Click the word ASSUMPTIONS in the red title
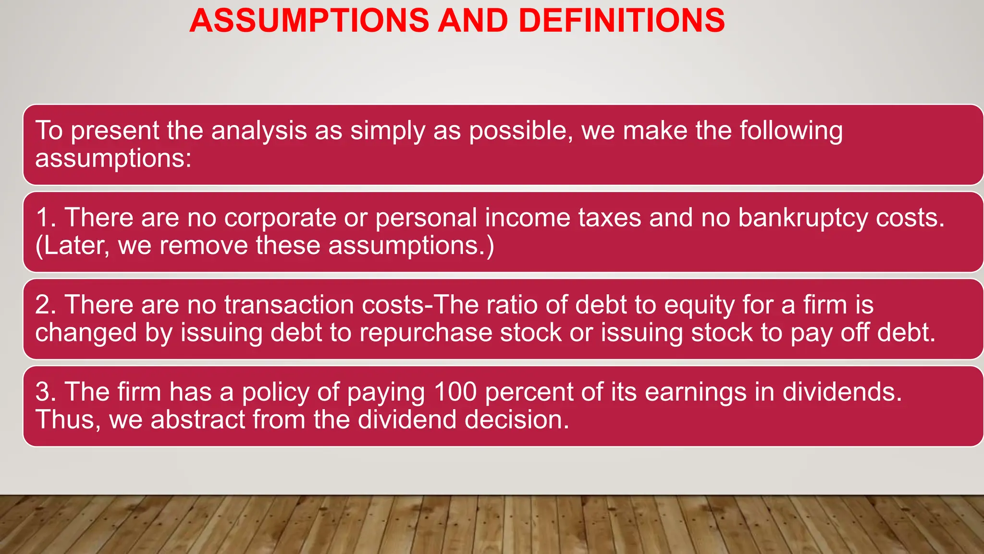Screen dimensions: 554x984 (309, 21)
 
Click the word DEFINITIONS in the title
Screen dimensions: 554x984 (621, 21)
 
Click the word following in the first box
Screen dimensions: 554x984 (791, 131)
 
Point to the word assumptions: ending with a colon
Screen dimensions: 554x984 (113, 159)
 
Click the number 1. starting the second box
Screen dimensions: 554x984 (46, 218)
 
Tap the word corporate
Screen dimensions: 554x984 (280, 218)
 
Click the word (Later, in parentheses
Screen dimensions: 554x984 (72, 246)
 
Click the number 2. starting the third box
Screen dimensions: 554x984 (46, 305)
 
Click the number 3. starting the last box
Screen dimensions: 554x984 (46, 392)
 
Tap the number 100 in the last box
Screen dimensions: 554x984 (455, 392)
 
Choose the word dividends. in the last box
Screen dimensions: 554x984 (842, 392)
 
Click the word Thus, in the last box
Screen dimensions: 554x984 (68, 420)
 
